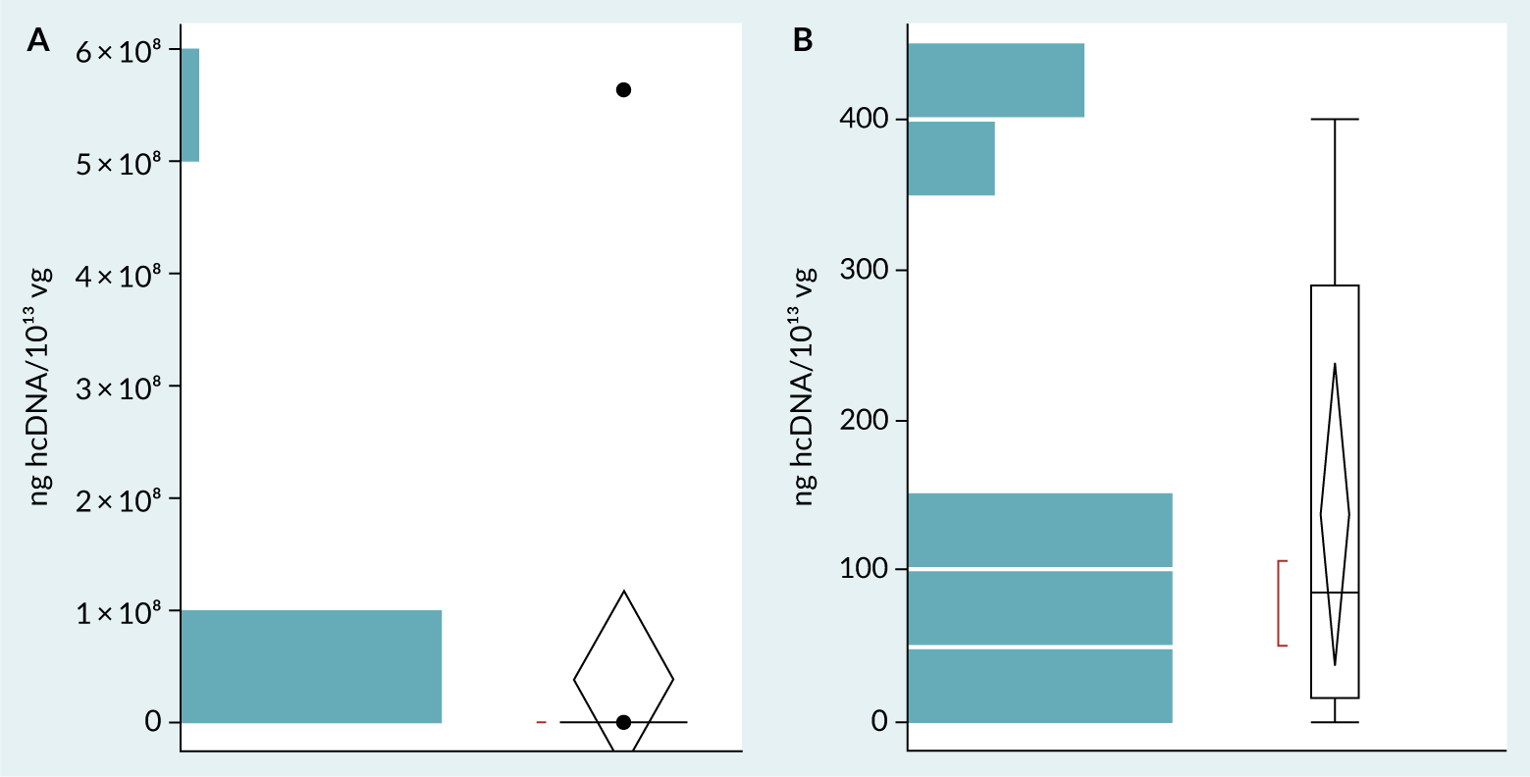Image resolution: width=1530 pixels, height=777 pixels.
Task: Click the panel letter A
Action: click(38, 40)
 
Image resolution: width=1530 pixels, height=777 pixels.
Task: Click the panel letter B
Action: click(803, 40)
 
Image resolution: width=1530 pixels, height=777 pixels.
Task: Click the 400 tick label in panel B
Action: click(864, 119)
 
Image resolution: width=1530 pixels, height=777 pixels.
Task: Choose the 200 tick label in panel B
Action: click(864, 421)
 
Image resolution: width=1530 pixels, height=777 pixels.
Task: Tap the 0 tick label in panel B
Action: click(879, 722)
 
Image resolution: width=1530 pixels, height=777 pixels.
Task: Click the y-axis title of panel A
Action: click(41, 387)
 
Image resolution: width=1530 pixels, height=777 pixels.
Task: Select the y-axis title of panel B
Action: click(805, 387)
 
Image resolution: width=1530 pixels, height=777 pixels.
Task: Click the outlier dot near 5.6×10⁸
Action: click(623, 90)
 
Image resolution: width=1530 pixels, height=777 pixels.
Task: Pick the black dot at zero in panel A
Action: click(623, 722)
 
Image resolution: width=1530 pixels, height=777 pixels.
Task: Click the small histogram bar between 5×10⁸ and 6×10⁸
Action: click(190, 105)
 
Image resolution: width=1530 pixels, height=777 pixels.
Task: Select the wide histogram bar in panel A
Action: click(311, 667)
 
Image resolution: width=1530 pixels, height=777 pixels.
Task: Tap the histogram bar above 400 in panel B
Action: click(996, 80)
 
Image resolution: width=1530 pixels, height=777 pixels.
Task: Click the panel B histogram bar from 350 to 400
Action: click(951, 158)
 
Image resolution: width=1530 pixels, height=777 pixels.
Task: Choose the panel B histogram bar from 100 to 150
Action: click(1040, 530)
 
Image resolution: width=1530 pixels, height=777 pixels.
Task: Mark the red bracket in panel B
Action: click(1279, 603)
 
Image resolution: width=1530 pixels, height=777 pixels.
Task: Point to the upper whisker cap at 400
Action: click(1335, 119)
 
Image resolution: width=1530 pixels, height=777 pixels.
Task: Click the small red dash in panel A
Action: click(541, 722)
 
